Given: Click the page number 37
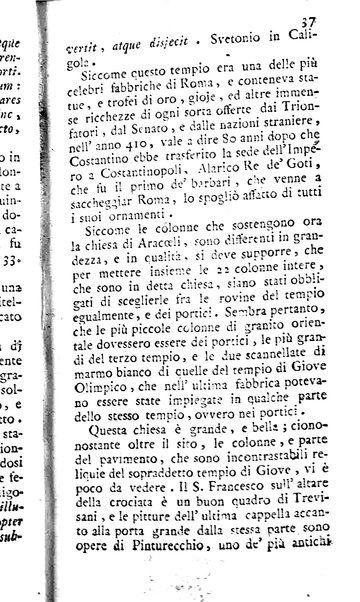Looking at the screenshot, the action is coord(335,11).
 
